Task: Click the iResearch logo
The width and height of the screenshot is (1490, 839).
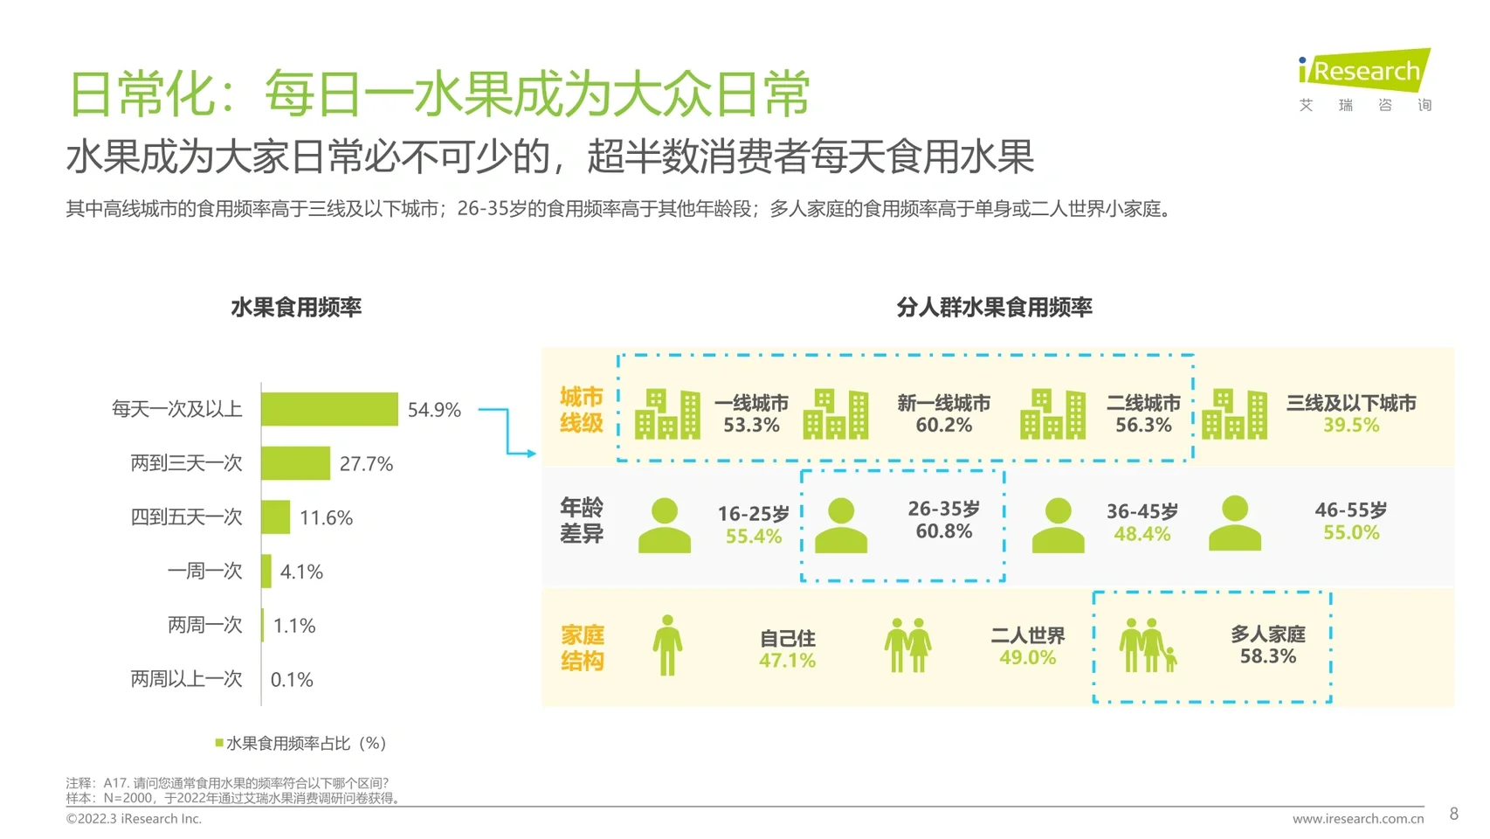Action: (x=1364, y=71)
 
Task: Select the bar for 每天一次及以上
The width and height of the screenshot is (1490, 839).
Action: (x=329, y=409)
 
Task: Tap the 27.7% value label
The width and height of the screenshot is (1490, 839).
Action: (x=366, y=464)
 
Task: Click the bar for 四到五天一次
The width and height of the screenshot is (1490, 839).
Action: (x=275, y=517)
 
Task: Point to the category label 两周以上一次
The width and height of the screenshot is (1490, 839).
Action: (x=186, y=679)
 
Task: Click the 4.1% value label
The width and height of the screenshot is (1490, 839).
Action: (x=301, y=572)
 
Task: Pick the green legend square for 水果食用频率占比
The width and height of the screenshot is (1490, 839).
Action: (x=219, y=743)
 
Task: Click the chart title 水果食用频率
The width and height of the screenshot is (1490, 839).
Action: (x=296, y=308)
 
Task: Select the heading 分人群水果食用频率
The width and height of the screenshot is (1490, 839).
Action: (x=994, y=308)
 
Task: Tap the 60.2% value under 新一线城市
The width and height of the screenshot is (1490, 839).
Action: (x=943, y=426)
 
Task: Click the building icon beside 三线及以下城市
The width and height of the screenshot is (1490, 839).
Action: (x=1234, y=414)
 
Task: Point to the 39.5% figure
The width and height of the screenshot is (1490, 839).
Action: (x=1350, y=426)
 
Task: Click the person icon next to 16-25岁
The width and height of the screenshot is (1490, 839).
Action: (x=664, y=525)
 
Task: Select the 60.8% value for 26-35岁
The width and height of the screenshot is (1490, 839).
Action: (x=943, y=531)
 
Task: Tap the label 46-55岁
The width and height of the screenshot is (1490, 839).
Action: (x=1350, y=510)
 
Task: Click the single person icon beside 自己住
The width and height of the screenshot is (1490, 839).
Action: (x=667, y=645)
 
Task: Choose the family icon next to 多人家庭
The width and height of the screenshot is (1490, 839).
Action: (x=1147, y=646)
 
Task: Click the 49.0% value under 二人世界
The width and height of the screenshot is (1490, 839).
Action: (x=1027, y=658)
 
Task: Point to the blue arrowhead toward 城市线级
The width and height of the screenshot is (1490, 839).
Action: (x=531, y=454)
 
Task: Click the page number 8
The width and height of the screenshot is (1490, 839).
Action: (x=1453, y=814)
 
